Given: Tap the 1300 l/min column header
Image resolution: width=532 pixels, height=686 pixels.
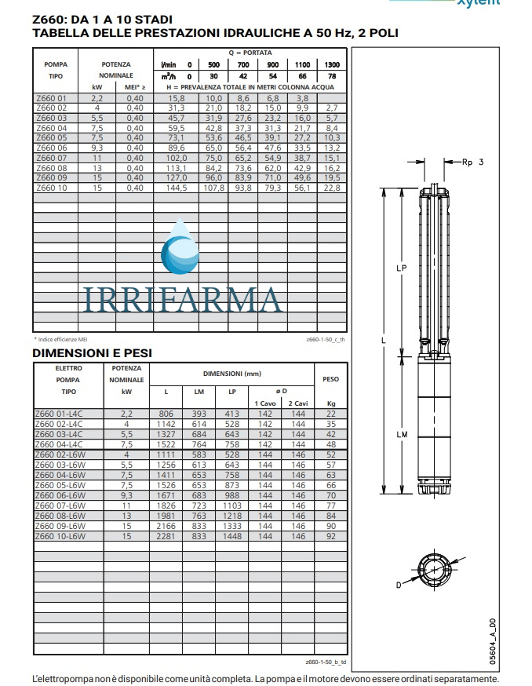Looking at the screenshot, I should [x=331, y=64].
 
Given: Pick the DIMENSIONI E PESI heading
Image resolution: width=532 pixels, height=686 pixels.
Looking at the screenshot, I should [x=91, y=353].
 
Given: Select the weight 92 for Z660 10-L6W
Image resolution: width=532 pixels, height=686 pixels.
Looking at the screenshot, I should [x=330, y=536].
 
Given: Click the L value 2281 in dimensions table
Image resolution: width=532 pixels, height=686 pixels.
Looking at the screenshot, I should [x=166, y=536].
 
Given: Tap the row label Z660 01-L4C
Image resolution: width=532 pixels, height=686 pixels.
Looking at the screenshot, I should [x=59, y=414].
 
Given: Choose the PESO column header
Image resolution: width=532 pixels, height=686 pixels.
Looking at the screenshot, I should [x=330, y=378].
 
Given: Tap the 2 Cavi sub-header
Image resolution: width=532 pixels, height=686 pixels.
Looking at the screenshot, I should [x=297, y=403].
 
